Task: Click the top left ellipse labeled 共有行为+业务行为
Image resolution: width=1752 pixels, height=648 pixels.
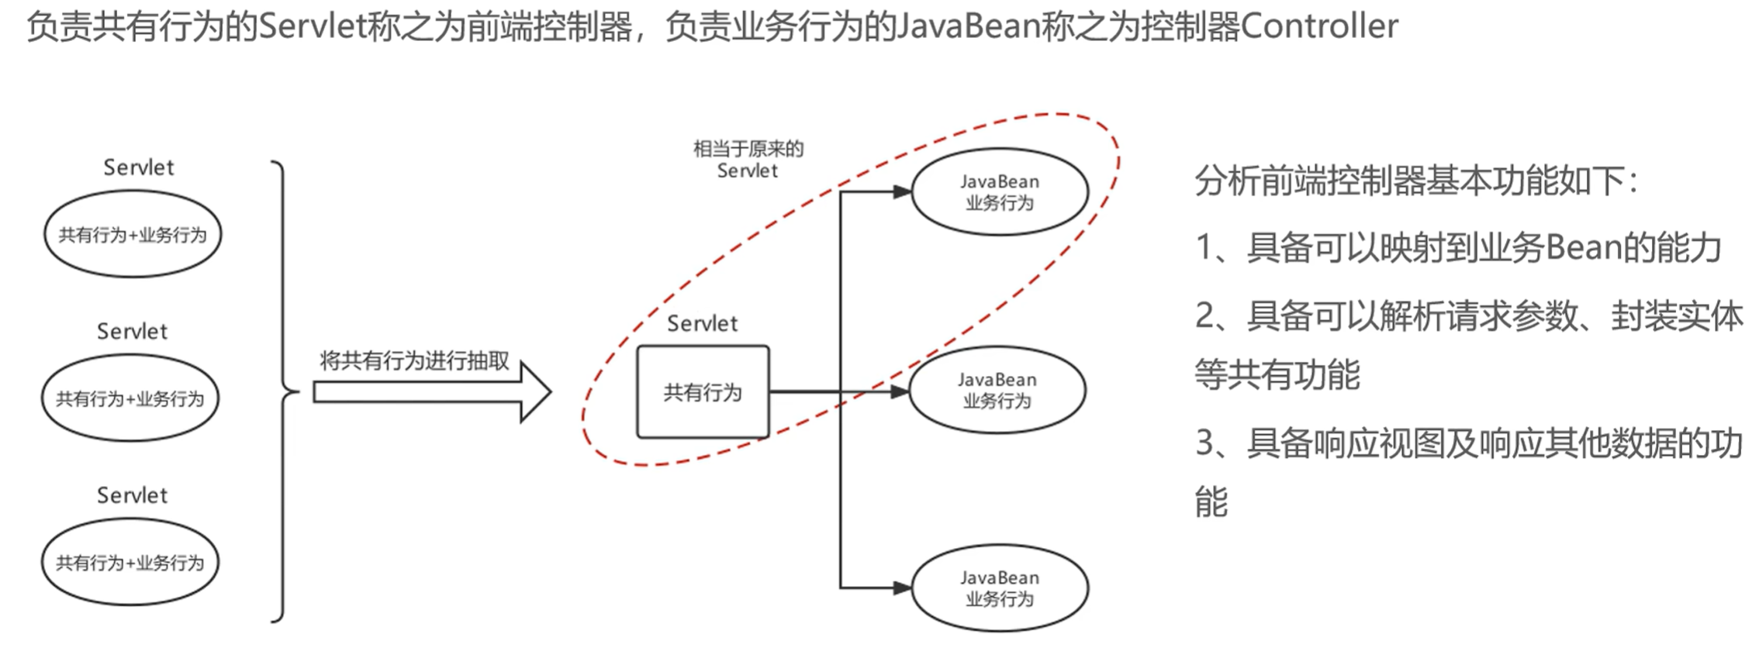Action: (133, 234)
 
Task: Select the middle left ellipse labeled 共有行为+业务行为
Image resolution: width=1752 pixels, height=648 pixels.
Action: (130, 398)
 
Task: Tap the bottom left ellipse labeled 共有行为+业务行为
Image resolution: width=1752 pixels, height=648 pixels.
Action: (130, 563)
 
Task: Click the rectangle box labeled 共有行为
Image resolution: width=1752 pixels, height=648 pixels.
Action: (703, 392)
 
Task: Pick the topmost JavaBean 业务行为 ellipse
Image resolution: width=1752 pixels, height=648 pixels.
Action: (1000, 192)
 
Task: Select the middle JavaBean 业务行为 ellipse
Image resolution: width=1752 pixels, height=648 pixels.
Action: (997, 390)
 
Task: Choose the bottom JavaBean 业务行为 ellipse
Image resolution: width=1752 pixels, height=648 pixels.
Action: (1000, 588)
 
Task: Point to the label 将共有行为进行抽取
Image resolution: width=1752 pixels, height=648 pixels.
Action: (414, 360)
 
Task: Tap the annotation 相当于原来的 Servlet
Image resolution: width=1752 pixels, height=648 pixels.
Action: (748, 160)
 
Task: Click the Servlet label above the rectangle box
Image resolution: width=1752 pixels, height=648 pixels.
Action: (702, 323)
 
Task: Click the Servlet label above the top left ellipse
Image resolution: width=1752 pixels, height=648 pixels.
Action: (139, 167)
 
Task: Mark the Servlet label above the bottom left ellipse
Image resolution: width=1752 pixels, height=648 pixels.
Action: (132, 495)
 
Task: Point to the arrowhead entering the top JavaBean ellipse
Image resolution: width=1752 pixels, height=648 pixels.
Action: (902, 191)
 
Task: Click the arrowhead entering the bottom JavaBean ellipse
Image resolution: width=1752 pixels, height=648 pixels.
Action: (902, 588)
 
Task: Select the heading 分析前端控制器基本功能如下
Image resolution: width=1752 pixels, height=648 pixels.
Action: (1416, 181)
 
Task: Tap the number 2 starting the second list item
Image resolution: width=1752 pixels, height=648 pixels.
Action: (1205, 315)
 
